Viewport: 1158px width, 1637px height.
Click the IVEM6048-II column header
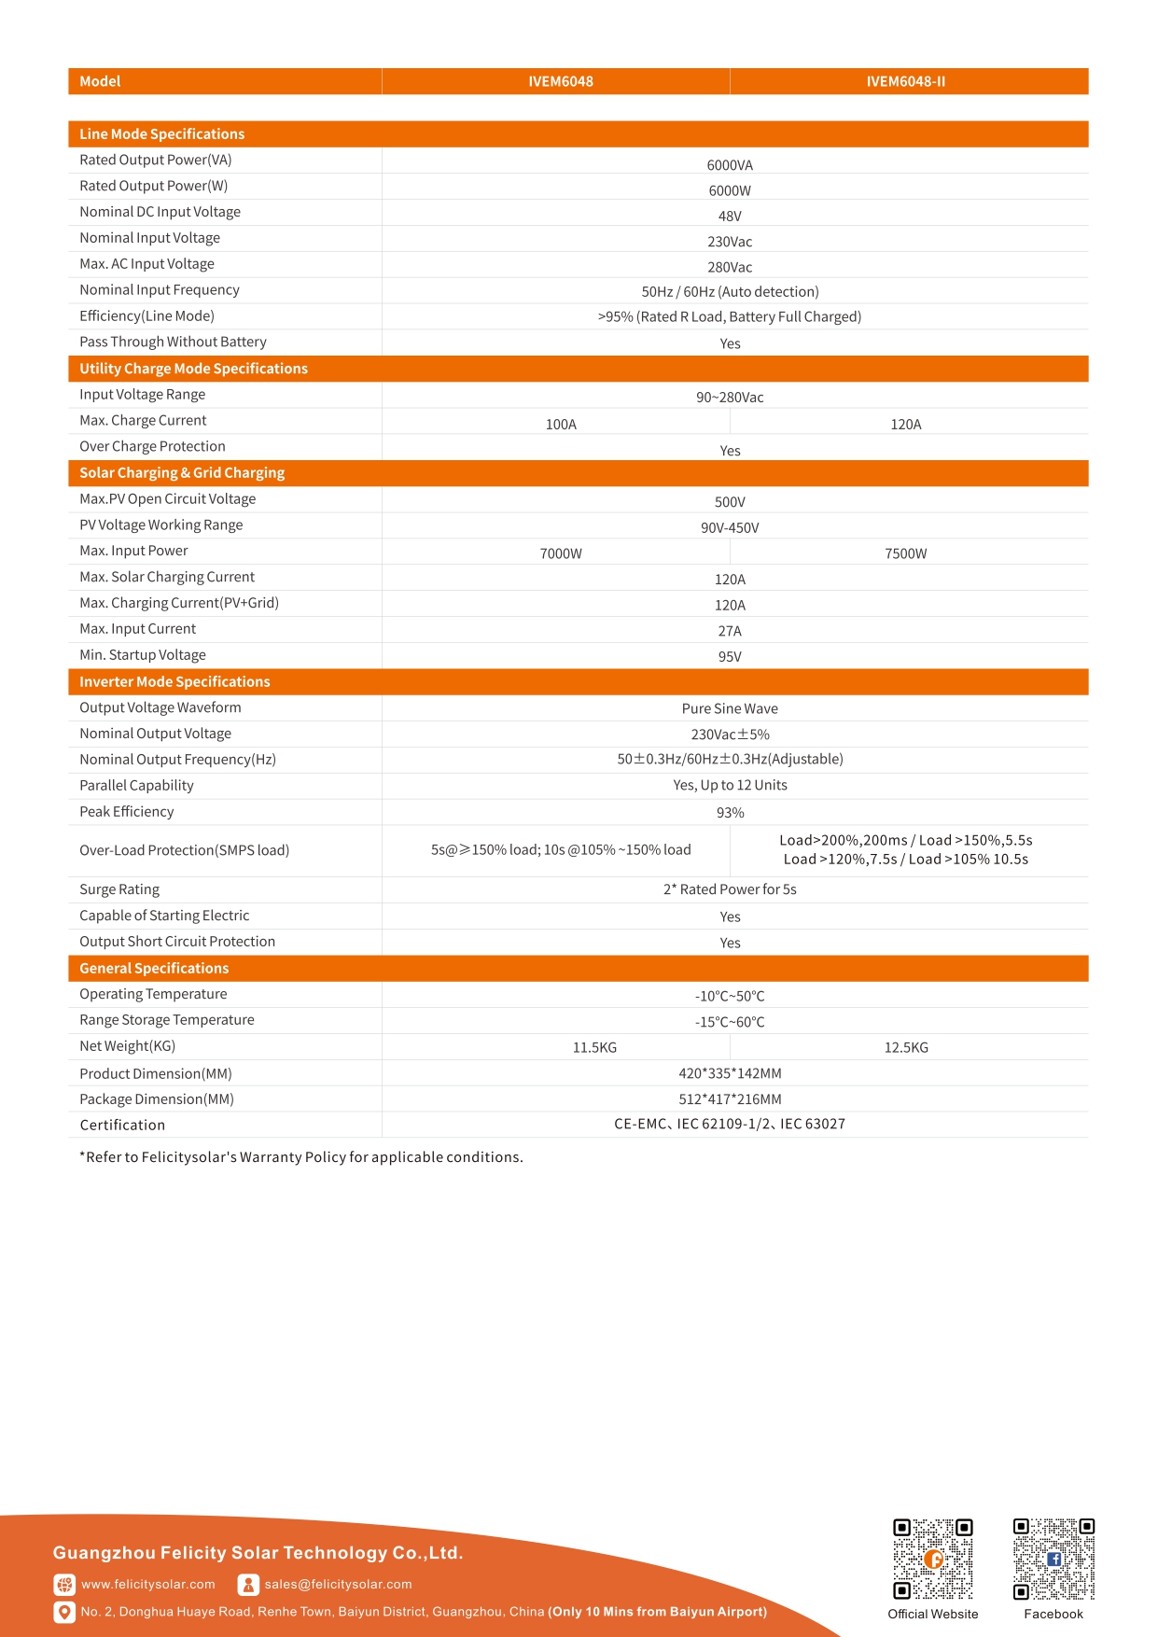pyautogui.click(x=905, y=81)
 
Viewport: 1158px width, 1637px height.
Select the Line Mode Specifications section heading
pyautogui.click(x=161, y=134)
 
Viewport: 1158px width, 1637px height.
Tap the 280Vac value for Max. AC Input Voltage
pyautogui.click(x=730, y=267)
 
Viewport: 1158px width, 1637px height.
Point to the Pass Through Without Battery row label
pyautogui.click(x=173, y=343)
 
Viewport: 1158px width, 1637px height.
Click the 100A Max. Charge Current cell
pyautogui.click(x=561, y=425)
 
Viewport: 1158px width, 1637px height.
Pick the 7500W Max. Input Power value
pyautogui.click(x=905, y=554)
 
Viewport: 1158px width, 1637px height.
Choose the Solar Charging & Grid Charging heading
pyautogui.click(x=182, y=473)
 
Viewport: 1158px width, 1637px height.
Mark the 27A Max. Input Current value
pyautogui.click(x=730, y=632)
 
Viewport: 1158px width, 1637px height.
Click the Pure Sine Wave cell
pyautogui.click(x=730, y=709)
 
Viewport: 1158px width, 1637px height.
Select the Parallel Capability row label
pyautogui.click(x=136, y=786)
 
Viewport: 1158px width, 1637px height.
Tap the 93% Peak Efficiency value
pyautogui.click(x=730, y=813)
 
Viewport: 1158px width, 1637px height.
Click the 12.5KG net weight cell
pyautogui.click(x=906, y=1048)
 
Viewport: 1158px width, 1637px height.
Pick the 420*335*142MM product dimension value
pyautogui.click(x=730, y=1074)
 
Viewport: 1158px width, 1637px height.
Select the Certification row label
pyautogui.click(x=122, y=1126)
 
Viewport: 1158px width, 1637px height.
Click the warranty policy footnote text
pyautogui.click(x=301, y=1157)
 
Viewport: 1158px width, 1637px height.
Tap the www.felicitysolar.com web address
pyautogui.click(x=147, y=1585)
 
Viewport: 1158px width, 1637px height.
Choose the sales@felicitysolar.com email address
pyautogui.click(x=338, y=1585)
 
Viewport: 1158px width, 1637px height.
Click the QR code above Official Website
pyautogui.click(x=933, y=1560)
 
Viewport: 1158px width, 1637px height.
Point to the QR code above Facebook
pyautogui.click(x=1053, y=1560)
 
